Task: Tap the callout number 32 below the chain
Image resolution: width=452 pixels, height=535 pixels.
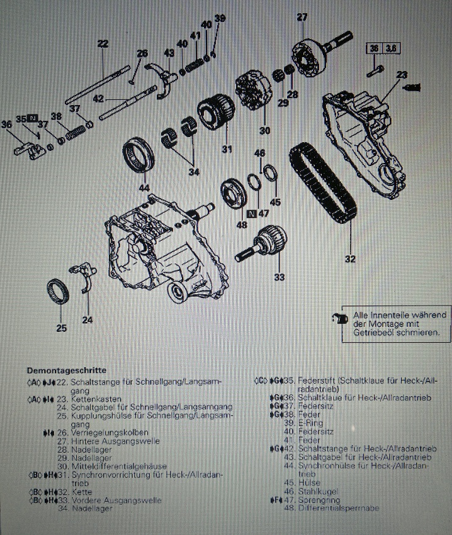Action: point(350,257)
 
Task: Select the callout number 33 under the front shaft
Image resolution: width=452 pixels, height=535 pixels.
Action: point(278,277)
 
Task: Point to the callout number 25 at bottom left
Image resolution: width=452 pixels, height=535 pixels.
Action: point(60,328)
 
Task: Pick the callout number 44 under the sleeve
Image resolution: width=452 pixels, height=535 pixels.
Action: point(144,188)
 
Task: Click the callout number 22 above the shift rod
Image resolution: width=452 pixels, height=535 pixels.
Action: point(103,43)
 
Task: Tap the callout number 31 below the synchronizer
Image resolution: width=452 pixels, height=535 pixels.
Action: point(226,149)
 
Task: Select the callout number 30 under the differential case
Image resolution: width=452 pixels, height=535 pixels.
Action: point(264,130)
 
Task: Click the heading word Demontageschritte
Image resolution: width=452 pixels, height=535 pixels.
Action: point(66,370)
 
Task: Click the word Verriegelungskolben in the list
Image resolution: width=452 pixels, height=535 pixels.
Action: point(110,433)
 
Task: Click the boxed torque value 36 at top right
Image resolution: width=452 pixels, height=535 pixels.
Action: point(374,48)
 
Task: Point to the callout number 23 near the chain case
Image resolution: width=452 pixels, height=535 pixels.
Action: point(402,74)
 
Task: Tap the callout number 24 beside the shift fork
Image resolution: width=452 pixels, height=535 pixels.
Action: point(88,320)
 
